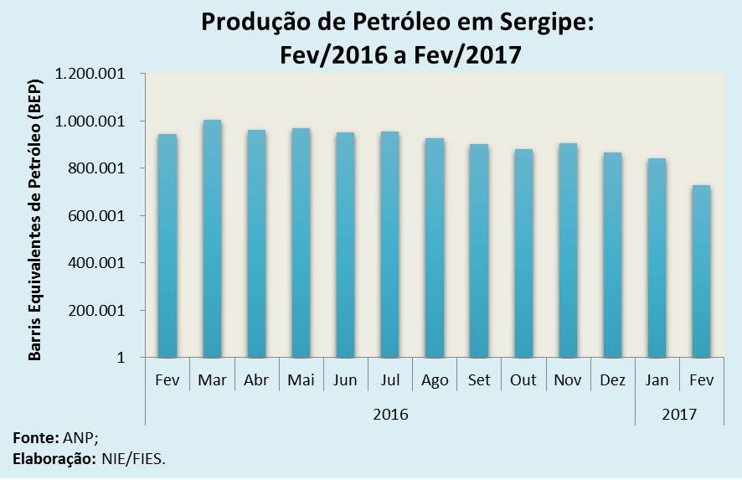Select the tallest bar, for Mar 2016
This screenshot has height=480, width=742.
tap(212, 239)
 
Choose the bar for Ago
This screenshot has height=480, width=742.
tap(435, 248)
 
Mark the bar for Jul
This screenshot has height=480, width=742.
tap(389, 245)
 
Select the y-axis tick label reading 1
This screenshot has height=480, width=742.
tap(121, 358)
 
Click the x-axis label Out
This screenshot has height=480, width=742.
tap(523, 380)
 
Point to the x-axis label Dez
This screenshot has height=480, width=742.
tap(613, 380)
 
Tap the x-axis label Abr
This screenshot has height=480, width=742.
tap(256, 380)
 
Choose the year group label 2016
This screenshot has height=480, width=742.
tap(390, 414)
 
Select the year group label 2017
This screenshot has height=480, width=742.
tap(679, 414)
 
